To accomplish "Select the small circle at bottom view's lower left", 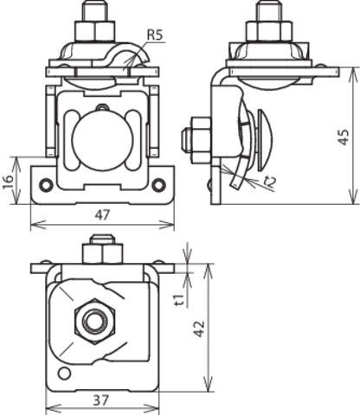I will point(62,373).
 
